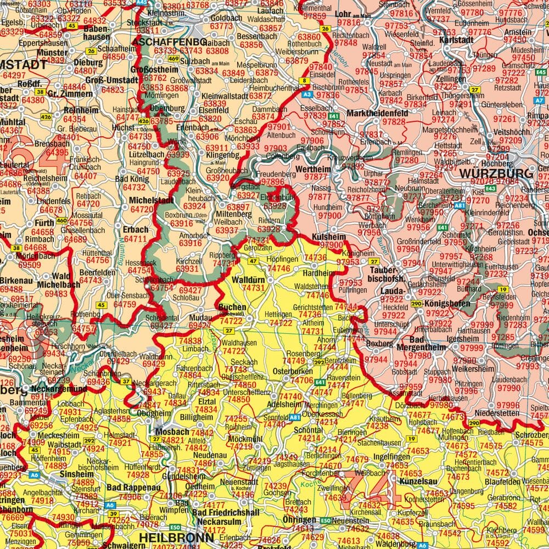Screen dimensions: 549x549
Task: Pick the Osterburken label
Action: (x=293, y=372)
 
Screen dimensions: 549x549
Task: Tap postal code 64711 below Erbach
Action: (x=136, y=239)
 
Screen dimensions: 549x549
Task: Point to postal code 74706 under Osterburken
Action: (x=302, y=380)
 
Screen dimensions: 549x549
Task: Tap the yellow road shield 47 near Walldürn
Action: (x=253, y=261)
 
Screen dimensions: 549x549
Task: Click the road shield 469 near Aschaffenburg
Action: (x=174, y=59)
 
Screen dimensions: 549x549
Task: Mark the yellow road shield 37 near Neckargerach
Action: (x=126, y=381)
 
